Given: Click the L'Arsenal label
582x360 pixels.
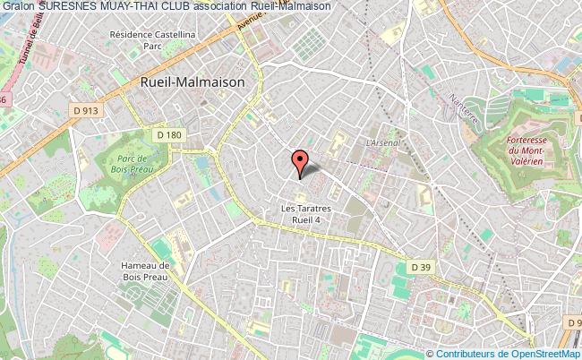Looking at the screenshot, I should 382,141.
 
